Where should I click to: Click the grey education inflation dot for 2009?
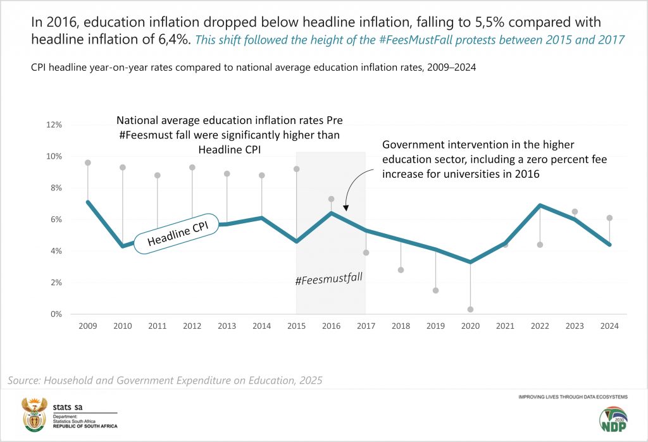88,163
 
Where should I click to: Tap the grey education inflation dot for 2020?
470,309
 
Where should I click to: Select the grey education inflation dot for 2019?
435,290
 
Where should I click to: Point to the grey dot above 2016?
331,199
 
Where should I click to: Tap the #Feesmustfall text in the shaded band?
329,278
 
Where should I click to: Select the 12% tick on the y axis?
54,125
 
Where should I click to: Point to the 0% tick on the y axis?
56,314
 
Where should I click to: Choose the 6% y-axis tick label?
56,219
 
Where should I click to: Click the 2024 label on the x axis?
609,326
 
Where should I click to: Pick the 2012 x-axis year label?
192,326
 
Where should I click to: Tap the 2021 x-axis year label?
505,326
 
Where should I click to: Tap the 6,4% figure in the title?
171,39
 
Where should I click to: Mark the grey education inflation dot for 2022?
540,245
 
